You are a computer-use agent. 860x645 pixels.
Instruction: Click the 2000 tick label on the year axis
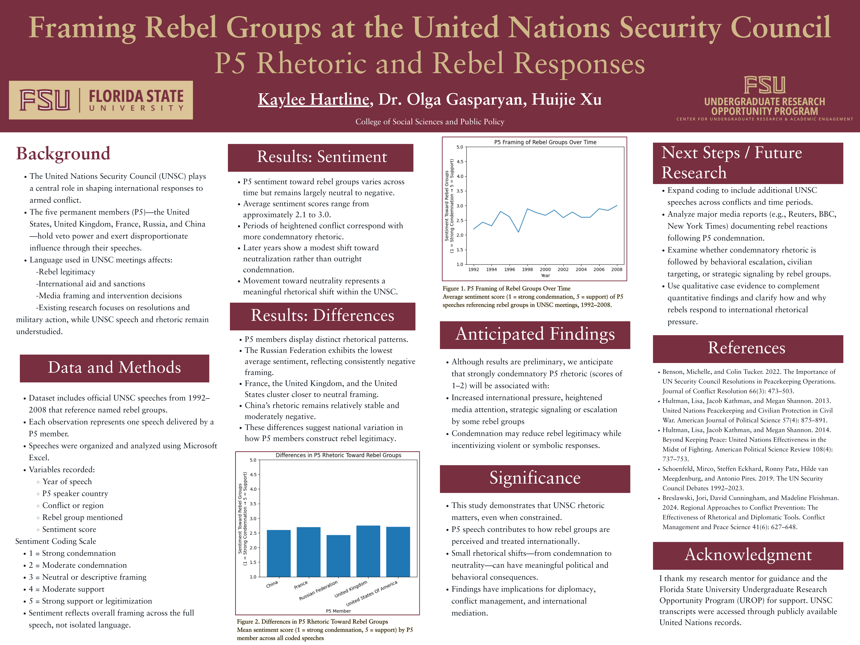point(545,269)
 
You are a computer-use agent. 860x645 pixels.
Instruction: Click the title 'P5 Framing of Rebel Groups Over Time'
point(545,142)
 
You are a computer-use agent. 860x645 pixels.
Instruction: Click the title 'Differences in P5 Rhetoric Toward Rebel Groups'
point(338,455)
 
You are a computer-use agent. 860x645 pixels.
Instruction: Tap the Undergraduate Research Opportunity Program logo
point(764,99)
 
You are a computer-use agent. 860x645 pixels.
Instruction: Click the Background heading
point(63,154)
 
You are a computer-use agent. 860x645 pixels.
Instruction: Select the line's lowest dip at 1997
point(518,232)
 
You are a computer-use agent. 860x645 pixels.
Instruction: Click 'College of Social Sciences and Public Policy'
point(430,122)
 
